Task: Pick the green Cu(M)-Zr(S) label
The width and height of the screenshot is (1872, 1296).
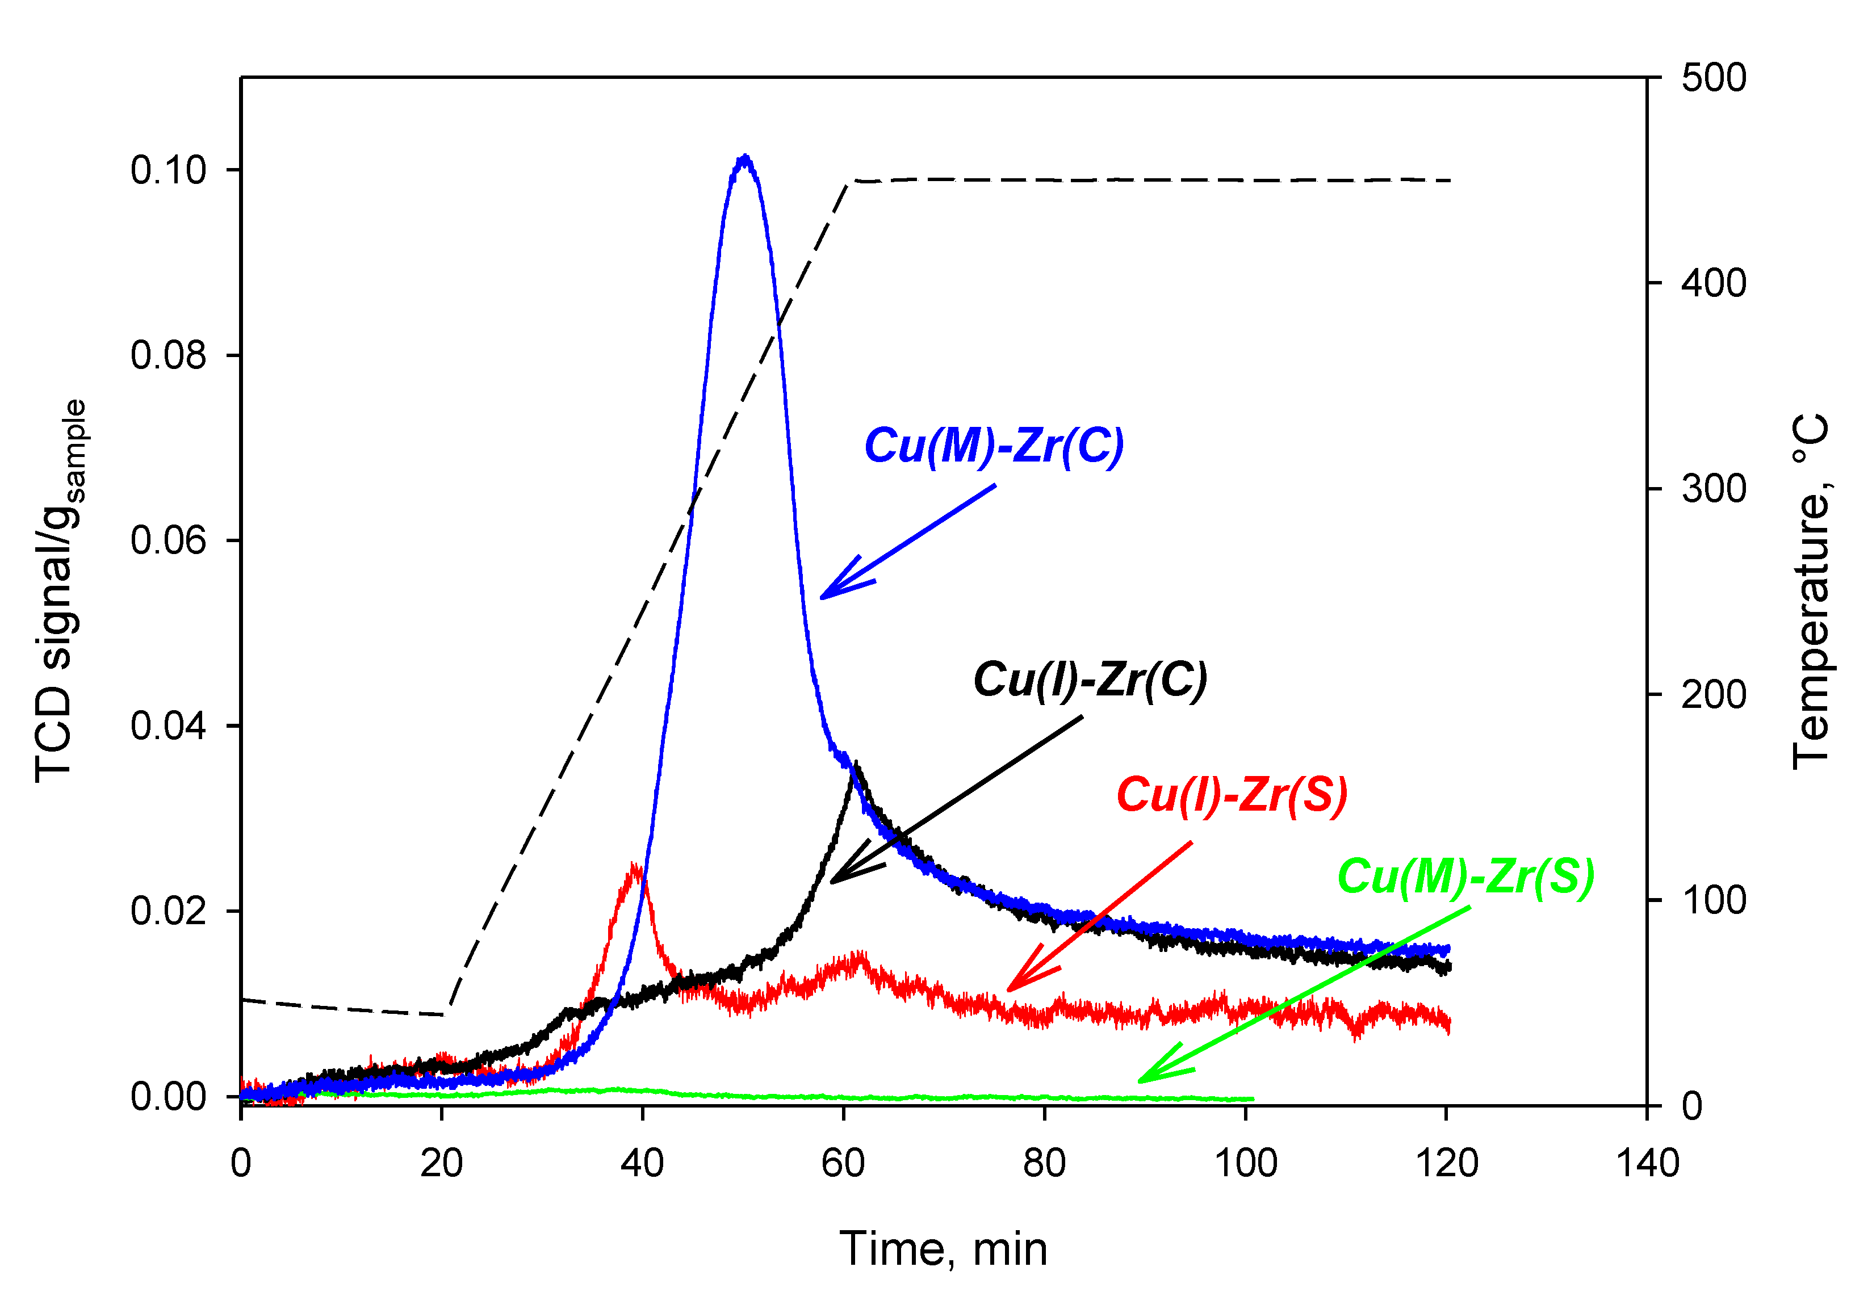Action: [x=1465, y=877]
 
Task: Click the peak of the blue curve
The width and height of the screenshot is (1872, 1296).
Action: [x=745, y=158]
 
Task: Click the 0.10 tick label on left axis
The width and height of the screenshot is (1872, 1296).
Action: [x=168, y=170]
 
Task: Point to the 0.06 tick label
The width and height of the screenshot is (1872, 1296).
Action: [x=168, y=541]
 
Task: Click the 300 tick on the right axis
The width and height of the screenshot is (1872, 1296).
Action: [x=1714, y=489]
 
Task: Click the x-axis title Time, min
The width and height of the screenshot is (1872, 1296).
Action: [x=943, y=1249]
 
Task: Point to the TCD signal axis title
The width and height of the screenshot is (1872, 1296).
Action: [x=58, y=591]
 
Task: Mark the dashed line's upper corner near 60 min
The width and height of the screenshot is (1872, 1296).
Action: [x=849, y=182]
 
